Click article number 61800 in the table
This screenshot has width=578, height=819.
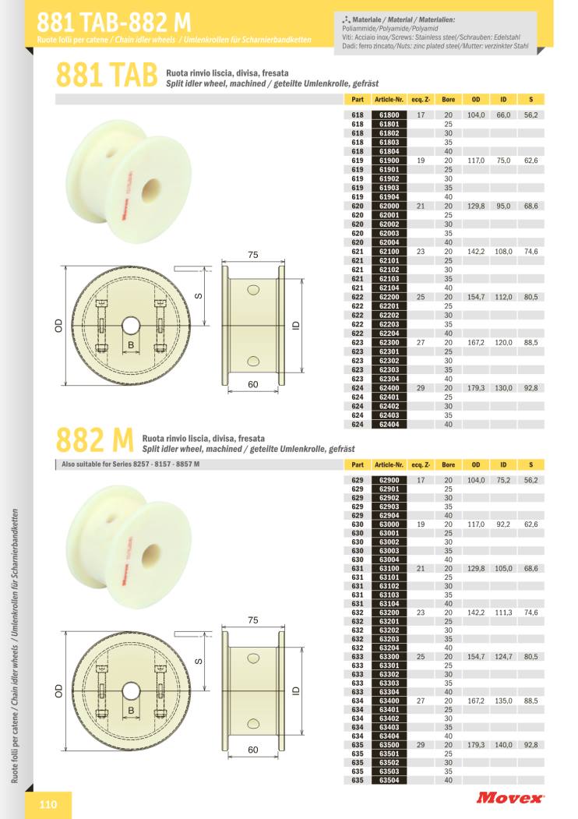(x=389, y=115)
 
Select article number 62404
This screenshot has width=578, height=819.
(x=389, y=424)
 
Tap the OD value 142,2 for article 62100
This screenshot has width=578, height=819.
(x=476, y=251)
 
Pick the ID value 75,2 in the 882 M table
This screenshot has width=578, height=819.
(x=503, y=480)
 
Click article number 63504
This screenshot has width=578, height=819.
(x=389, y=780)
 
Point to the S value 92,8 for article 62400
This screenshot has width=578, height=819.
(x=531, y=388)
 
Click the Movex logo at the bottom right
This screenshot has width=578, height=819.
(x=509, y=798)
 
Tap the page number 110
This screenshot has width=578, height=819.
(x=48, y=804)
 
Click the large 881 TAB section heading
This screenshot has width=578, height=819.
(x=107, y=75)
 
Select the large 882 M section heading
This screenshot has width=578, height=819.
(x=94, y=440)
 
